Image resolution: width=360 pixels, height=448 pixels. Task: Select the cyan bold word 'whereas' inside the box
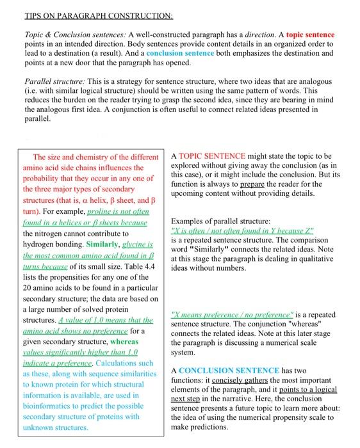coord(135,341)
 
